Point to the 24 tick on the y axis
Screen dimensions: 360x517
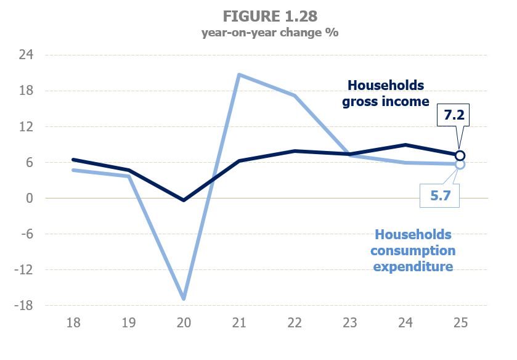tap(26, 55)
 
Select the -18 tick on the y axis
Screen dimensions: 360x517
tap(24, 306)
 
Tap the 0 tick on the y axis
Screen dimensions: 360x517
tap(30, 198)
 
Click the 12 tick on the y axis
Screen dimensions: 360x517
tap(26, 127)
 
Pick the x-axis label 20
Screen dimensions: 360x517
tap(183, 323)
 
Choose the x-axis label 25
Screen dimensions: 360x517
tap(459, 323)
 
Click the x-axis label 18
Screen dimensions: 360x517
tap(73, 323)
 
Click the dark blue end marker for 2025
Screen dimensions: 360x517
tap(460, 155)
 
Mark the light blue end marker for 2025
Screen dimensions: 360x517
tap(460, 165)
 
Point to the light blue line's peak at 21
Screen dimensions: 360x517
tap(238, 75)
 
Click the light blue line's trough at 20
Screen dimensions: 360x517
tap(183, 299)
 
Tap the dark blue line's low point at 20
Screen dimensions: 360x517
tap(183, 200)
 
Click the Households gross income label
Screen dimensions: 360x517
tap(386, 93)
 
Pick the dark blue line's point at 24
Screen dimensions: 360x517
tap(404, 145)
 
